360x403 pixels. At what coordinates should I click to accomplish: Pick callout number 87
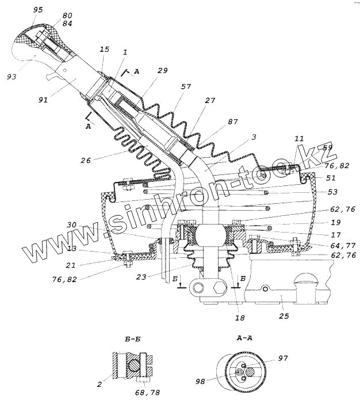coord(232,121)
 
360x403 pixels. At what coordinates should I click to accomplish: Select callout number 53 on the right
coord(333,192)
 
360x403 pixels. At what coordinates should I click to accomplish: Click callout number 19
coord(335,222)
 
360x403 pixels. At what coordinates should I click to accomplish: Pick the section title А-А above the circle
coord(244,339)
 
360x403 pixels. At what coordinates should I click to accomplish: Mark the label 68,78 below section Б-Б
coord(147,393)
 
